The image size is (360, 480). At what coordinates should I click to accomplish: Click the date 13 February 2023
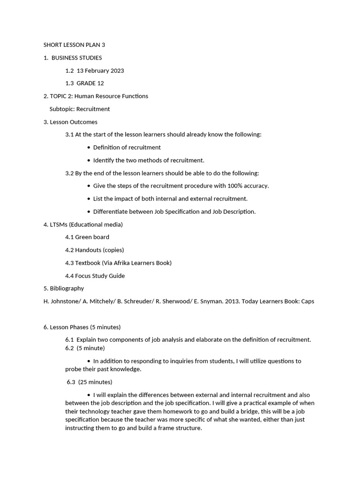[100, 71]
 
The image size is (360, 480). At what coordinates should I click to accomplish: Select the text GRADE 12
[90, 83]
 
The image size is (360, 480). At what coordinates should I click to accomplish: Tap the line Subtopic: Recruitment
[79, 109]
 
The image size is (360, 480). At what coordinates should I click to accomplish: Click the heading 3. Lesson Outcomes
[70, 122]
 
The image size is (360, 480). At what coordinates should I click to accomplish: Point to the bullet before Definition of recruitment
[89, 148]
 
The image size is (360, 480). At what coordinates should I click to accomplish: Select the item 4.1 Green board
[87, 237]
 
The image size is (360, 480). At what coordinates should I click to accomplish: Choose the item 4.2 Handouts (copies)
[95, 250]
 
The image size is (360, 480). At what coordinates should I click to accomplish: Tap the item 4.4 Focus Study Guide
[95, 276]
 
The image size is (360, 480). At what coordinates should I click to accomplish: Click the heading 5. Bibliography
[64, 288]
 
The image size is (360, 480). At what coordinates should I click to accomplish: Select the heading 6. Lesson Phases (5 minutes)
[82, 327]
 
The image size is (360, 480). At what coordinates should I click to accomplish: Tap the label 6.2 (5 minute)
[85, 348]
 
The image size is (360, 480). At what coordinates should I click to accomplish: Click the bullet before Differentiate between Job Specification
[89, 212]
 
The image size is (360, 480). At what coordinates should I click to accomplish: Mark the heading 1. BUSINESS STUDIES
[73, 58]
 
